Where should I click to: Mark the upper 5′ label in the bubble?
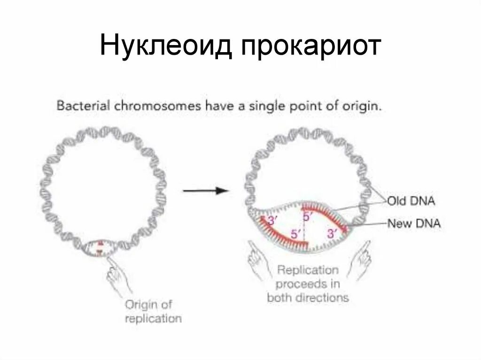(x=308, y=216)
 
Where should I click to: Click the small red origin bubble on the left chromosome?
(x=98, y=247)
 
